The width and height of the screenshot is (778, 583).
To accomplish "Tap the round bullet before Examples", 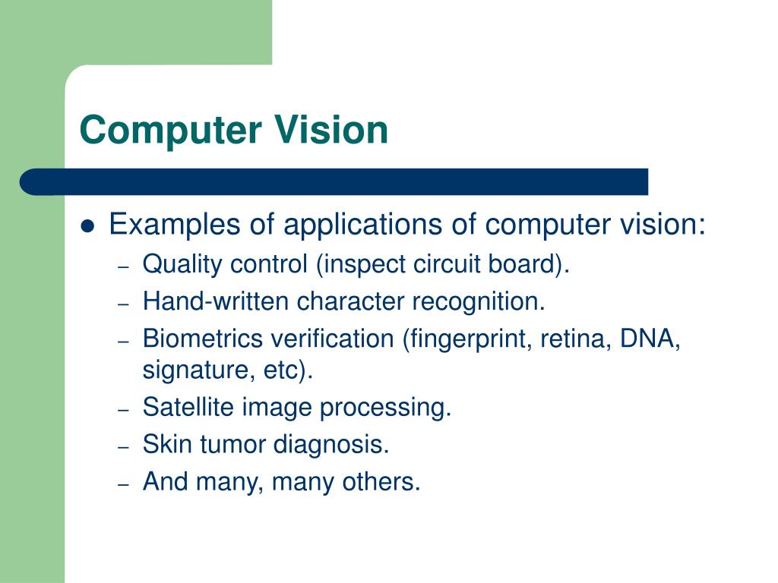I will [88, 227].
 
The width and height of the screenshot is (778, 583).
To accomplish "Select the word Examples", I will [168, 225].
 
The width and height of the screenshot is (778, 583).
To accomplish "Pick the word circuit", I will [440, 265].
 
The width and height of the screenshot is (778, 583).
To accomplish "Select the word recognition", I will [478, 302].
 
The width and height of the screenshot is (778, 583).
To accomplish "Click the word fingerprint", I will [464, 339].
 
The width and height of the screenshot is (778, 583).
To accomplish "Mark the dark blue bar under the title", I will [334, 182].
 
